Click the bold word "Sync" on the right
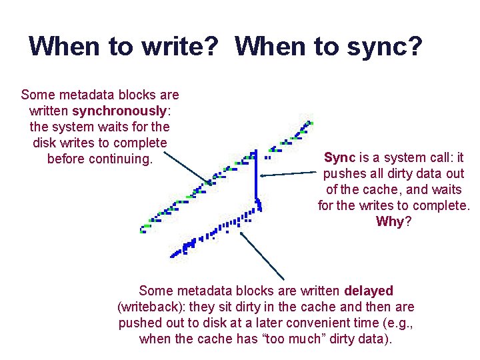tap(339, 158)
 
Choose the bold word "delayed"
tap(369, 291)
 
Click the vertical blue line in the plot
tap(255, 177)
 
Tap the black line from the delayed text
tap(263, 256)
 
